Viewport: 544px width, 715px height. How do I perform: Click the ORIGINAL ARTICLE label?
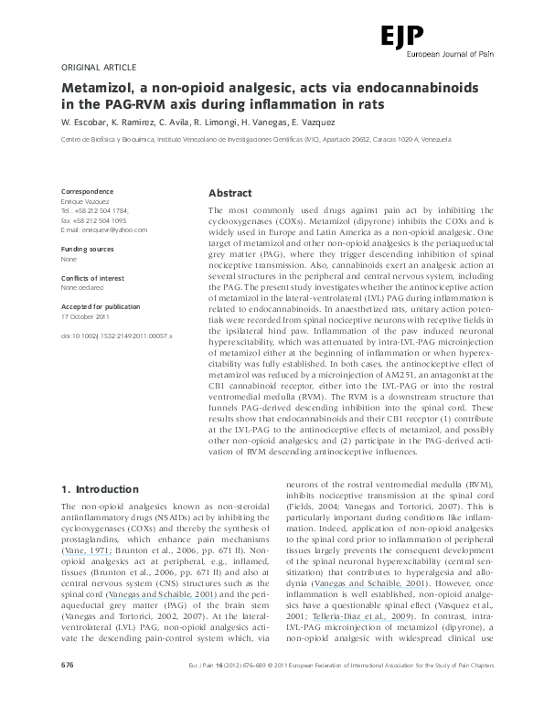98,68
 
